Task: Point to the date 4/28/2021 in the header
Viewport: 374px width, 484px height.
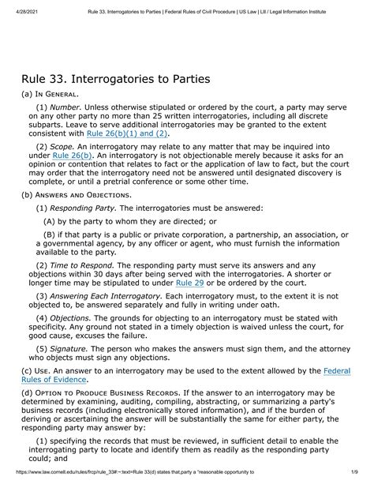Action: (17, 6)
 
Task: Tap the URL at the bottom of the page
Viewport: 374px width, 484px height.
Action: (134, 478)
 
